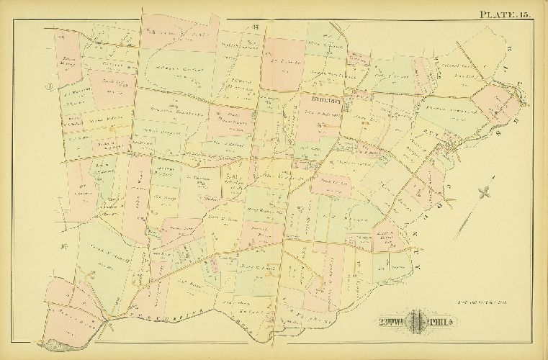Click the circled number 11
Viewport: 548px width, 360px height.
pos(50,89)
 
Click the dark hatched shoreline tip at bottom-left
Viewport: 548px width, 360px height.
pos(50,345)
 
